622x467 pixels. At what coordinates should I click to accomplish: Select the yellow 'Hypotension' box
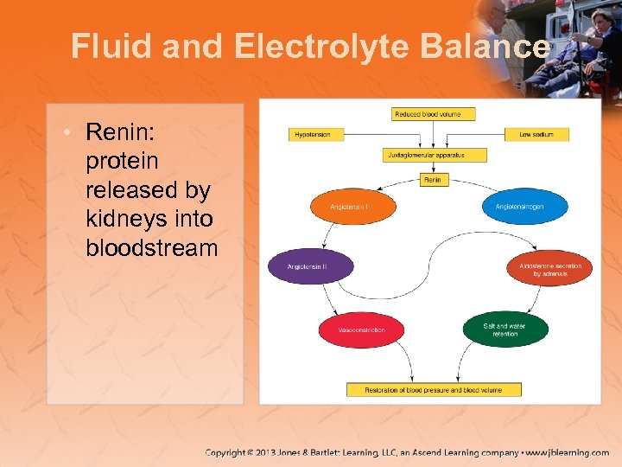pyautogui.click(x=315, y=134)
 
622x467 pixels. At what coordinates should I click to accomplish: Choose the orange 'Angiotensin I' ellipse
pyautogui.click(x=351, y=207)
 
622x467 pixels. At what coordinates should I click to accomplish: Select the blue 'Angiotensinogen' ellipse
pyautogui.click(x=524, y=207)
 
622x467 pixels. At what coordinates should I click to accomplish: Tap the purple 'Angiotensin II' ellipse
pyautogui.click(x=310, y=267)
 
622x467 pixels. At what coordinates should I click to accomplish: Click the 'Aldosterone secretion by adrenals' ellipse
pyautogui.click(x=549, y=269)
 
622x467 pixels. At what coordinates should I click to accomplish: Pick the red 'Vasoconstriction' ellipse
pyautogui.click(x=361, y=329)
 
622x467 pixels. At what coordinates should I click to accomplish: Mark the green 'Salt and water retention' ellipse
pyautogui.click(x=505, y=329)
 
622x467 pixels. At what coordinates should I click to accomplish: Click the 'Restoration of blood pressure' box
pyautogui.click(x=435, y=390)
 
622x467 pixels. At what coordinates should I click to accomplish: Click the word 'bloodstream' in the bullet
pyautogui.click(x=151, y=249)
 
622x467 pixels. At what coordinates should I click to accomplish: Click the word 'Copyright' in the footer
pyautogui.click(x=231, y=452)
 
